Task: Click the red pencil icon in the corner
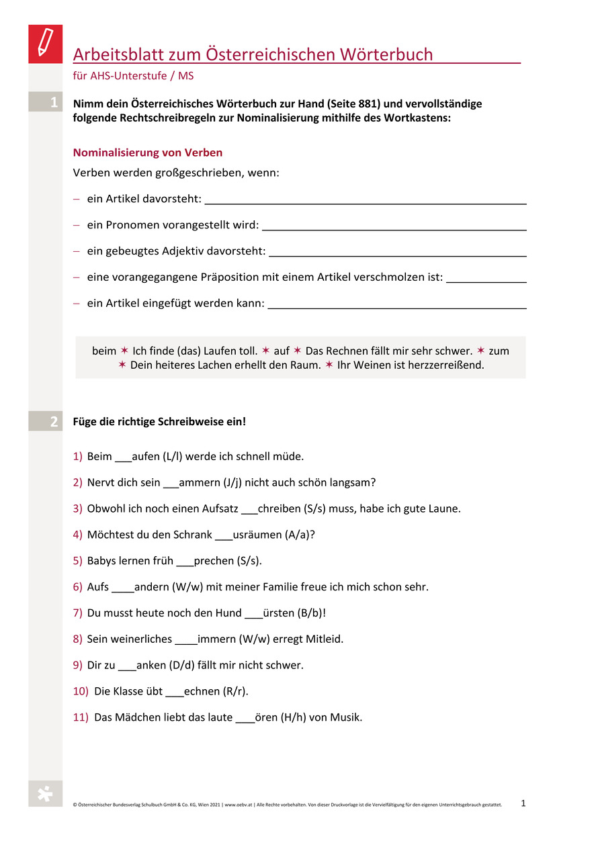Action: [x=45, y=44]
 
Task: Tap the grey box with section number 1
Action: [x=45, y=103]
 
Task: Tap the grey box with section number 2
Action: [x=45, y=422]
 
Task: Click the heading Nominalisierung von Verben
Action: [x=147, y=152]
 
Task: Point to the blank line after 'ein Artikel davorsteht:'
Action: [x=365, y=201]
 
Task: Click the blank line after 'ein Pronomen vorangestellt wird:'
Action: [x=392, y=228]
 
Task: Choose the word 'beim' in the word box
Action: [x=104, y=351]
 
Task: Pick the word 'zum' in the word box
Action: [x=499, y=351]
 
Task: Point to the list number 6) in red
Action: [x=77, y=587]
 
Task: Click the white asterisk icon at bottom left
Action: [x=45, y=794]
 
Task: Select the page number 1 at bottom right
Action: [x=523, y=802]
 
